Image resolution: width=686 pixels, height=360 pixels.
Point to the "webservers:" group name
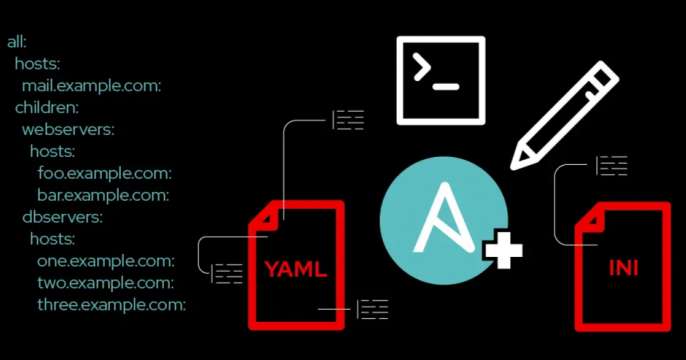click(x=67, y=129)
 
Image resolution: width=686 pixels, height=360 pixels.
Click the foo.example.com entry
click(x=105, y=173)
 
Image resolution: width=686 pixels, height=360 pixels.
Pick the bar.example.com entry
click(x=105, y=194)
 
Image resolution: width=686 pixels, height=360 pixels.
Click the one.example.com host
click(x=106, y=260)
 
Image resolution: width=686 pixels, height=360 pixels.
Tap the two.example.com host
click(x=106, y=282)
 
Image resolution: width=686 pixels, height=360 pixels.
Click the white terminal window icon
click(x=440, y=80)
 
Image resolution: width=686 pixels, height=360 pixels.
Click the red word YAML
click(x=296, y=269)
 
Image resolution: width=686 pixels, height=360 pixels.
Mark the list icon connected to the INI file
click(x=611, y=165)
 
